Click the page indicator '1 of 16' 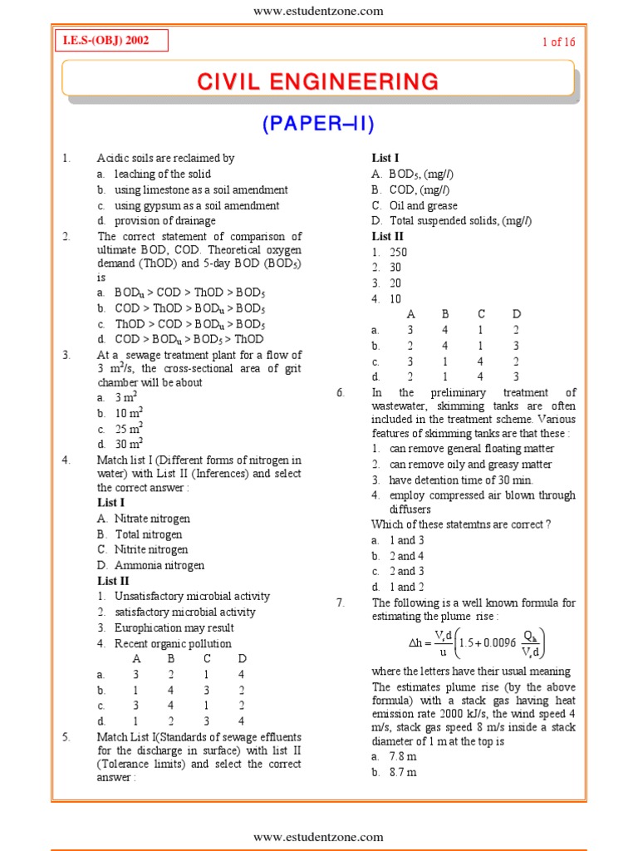coord(558,42)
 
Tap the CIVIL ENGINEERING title coord(318,81)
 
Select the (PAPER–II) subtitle coord(319,125)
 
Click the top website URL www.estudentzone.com coord(318,11)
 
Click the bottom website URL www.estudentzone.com coord(318,837)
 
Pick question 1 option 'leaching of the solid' coord(162,174)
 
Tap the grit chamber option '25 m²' coord(129,429)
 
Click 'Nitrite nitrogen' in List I coord(151,549)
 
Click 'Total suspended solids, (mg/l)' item coord(460,221)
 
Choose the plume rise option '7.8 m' coord(403,757)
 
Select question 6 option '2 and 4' coord(406,556)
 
